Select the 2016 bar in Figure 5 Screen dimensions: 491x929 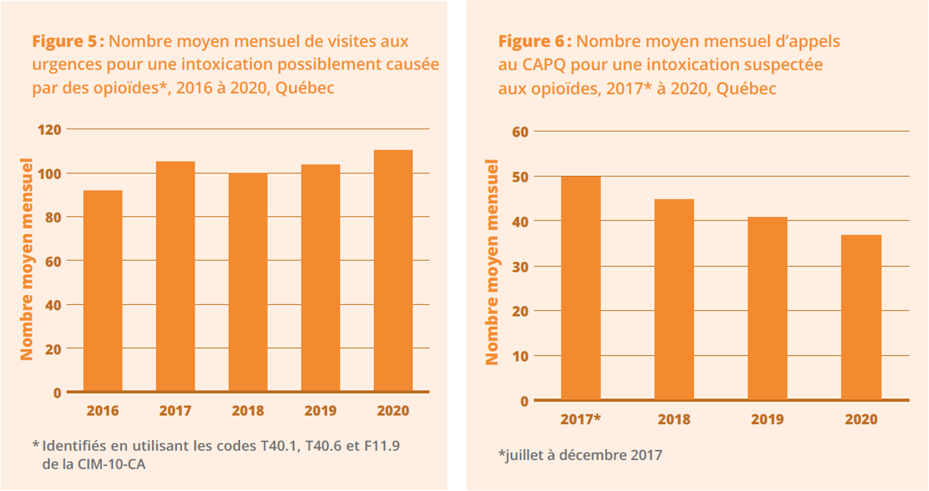coord(103,291)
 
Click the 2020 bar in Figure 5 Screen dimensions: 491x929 coord(393,270)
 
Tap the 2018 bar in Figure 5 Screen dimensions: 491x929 coord(248,282)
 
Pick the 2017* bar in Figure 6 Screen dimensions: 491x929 coord(581,288)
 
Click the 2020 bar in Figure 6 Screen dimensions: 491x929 coord(861,317)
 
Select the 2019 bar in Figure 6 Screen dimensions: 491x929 coord(767,308)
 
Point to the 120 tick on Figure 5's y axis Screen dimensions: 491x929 coord(50,129)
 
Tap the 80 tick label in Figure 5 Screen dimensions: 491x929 coord(53,217)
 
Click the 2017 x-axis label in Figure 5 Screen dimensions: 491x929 coord(175,411)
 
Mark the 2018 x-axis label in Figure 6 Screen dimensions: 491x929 coord(674,420)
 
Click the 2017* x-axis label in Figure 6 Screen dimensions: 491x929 coord(581,420)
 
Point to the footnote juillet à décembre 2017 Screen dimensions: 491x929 coord(580,456)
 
